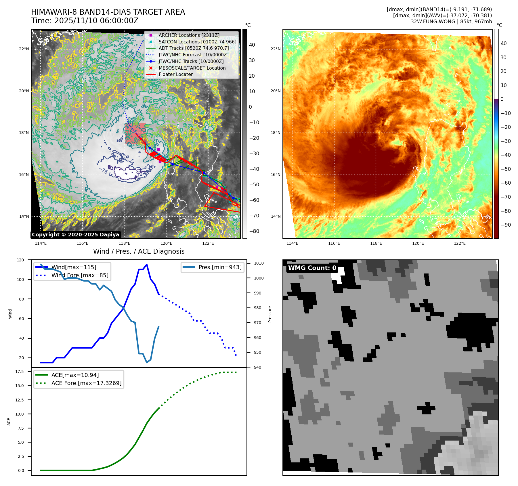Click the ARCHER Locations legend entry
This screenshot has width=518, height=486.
[189, 35]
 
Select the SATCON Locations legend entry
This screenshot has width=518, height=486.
[197, 42]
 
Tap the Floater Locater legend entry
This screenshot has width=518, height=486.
[175, 74]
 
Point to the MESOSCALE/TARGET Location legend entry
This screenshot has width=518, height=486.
[192, 68]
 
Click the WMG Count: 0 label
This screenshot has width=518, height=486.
[312, 268]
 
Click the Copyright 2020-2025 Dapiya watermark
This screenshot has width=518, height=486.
[75, 235]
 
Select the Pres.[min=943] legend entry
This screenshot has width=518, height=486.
[220, 267]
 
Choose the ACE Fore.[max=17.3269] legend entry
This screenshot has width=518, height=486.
[86, 383]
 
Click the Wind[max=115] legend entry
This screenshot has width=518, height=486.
[74, 267]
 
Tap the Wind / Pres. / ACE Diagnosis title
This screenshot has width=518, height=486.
[139, 251]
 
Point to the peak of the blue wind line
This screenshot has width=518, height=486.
[147, 264]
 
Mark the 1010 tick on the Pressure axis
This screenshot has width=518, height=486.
[259, 263]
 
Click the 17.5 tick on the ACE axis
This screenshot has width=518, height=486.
[20, 372]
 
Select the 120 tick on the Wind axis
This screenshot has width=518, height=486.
[20, 260]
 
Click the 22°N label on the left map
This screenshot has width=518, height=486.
[24, 49]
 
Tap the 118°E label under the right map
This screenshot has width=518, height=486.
[376, 243]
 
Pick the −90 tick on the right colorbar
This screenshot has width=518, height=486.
[506, 225]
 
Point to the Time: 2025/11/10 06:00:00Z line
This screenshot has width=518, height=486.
[85, 21]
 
